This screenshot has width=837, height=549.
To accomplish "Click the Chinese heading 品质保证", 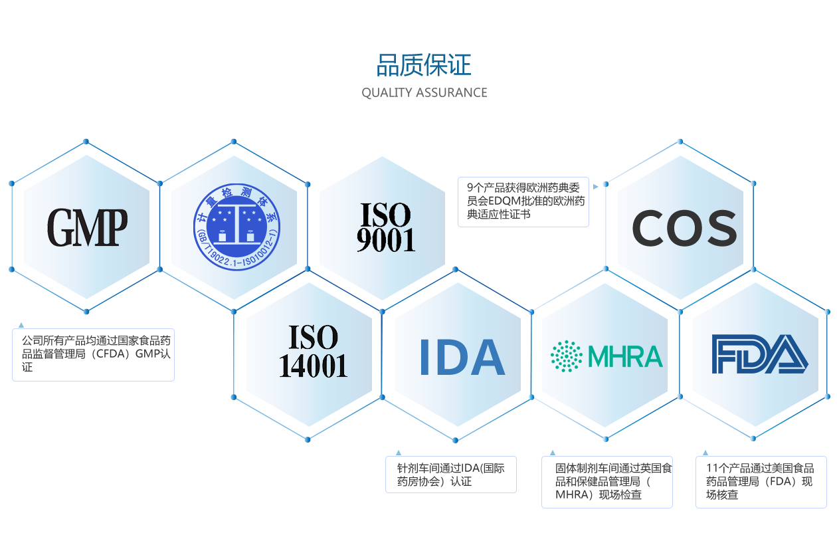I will pos(424,66).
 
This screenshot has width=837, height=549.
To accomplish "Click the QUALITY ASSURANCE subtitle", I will pos(424,92).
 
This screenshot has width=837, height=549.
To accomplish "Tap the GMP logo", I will pos(87,227).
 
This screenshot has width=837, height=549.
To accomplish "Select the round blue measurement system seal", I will pos(237,227).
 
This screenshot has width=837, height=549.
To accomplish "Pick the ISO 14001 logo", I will pos(313,351).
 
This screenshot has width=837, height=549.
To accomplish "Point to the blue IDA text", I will pos(462,357).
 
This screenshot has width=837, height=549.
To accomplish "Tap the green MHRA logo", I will pos(606,356).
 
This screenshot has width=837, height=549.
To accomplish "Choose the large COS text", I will pos(684,228).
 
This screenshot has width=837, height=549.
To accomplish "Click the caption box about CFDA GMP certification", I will pos(93,354).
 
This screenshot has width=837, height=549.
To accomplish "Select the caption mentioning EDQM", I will pos(523,201).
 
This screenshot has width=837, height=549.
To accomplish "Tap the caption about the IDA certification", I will pos(450,475).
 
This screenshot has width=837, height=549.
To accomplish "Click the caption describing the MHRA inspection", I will pos(606,482).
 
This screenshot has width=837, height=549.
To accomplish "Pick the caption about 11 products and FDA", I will pos(761,482).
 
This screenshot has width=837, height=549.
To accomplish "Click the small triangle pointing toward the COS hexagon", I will pos(596,187).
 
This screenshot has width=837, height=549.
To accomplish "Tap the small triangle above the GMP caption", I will pos(21,325).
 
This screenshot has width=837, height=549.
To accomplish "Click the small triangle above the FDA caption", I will pos(705,453).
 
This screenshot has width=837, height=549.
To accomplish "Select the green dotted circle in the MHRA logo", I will pos(566,356).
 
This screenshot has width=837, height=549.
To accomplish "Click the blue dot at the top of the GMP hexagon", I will pos(86,142).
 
